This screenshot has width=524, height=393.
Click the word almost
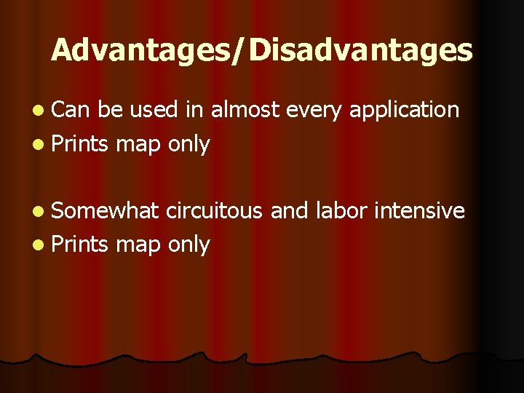tap(246, 110)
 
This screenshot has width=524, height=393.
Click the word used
tap(154, 110)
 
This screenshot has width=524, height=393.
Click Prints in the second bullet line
tap(81, 144)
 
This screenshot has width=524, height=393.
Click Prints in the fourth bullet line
tap(81, 245)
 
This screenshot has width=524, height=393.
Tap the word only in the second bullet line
tap(188, 145)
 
